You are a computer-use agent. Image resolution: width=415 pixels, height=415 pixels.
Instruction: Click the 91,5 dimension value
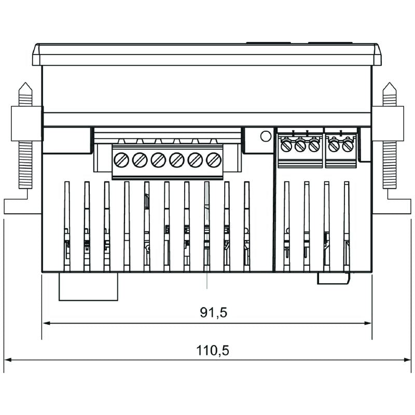tap(214, 312)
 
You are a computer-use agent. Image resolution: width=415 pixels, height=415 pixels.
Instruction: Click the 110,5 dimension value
tap(213, 350)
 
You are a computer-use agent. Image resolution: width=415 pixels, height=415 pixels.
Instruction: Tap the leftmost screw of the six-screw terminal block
tap(121, 160)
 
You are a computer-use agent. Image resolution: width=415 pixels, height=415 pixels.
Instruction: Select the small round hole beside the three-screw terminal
tap(265, 136)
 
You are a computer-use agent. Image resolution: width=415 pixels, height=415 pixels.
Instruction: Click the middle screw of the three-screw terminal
tap(300, 146)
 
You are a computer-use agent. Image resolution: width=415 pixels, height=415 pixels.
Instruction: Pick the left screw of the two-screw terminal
tap(334, 146)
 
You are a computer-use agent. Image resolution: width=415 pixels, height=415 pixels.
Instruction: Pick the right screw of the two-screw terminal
tap(348, 146)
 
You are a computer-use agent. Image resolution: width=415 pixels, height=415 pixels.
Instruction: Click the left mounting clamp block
tap(26, 123)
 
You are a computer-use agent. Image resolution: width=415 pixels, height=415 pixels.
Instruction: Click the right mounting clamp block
tap(388, 123)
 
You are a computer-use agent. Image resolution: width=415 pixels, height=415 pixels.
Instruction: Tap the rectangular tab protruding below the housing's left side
tap(89, 286)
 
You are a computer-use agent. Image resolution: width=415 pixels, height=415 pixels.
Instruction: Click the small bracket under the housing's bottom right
tap(335, 279)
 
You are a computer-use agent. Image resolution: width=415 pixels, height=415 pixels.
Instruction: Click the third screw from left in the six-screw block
tap(158, 160)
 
